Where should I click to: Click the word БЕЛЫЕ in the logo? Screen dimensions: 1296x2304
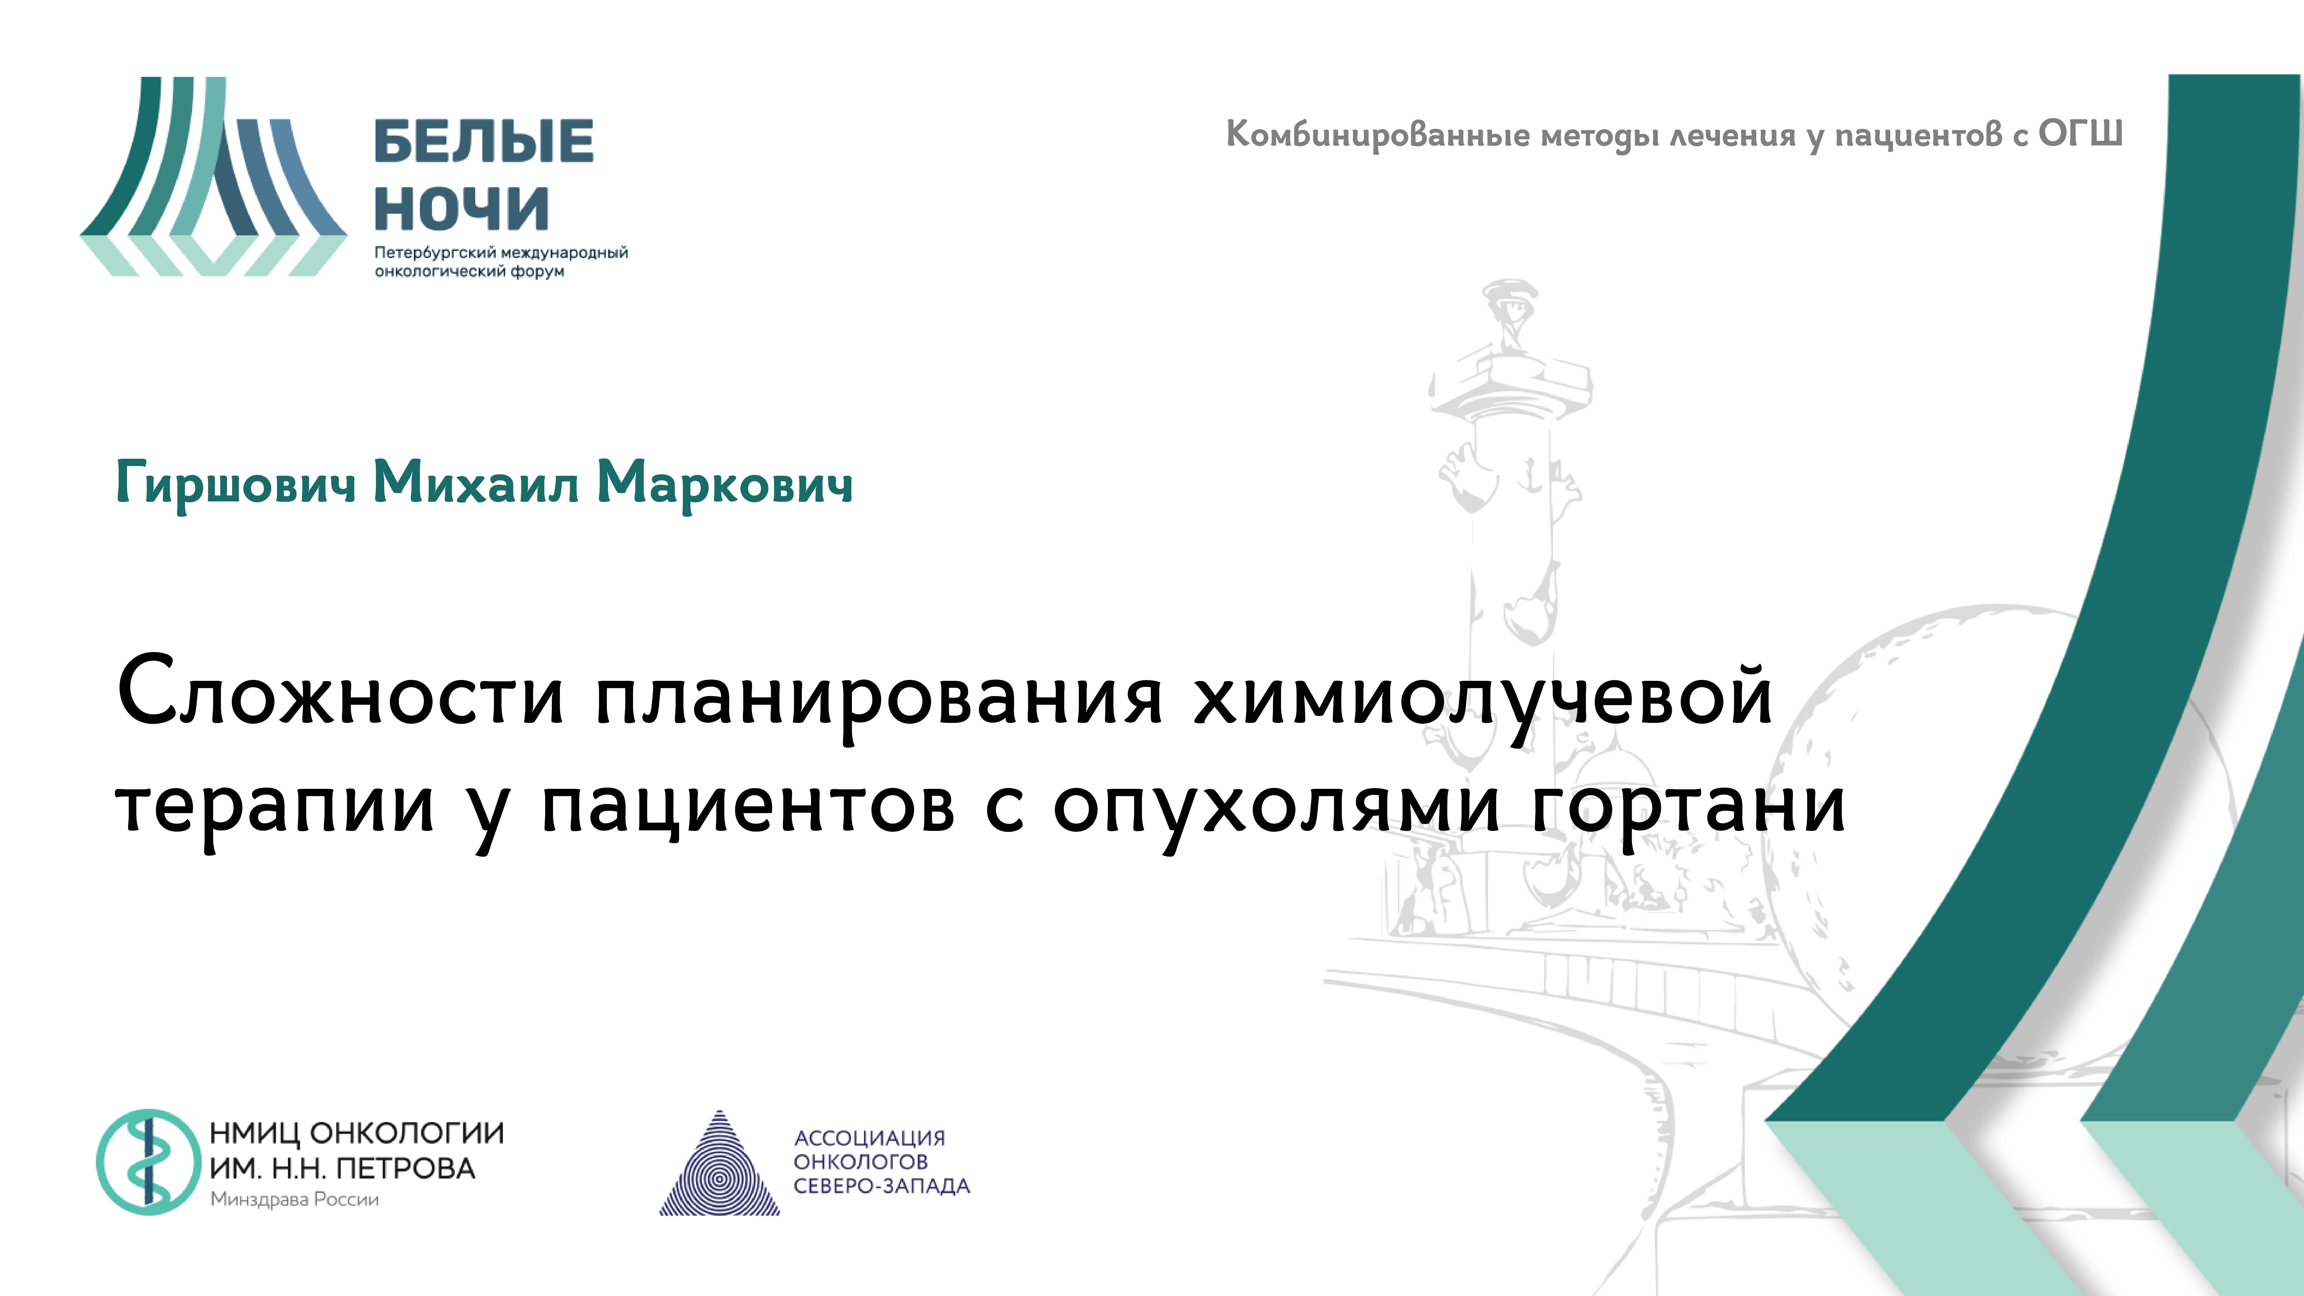(x=483, y=141)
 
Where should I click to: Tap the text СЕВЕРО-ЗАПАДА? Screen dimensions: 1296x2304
(x=881, y=1186)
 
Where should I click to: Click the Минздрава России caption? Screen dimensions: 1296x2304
(x=294, y=1200)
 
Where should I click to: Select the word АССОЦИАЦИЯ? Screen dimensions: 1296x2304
(x=869, y=1138)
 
